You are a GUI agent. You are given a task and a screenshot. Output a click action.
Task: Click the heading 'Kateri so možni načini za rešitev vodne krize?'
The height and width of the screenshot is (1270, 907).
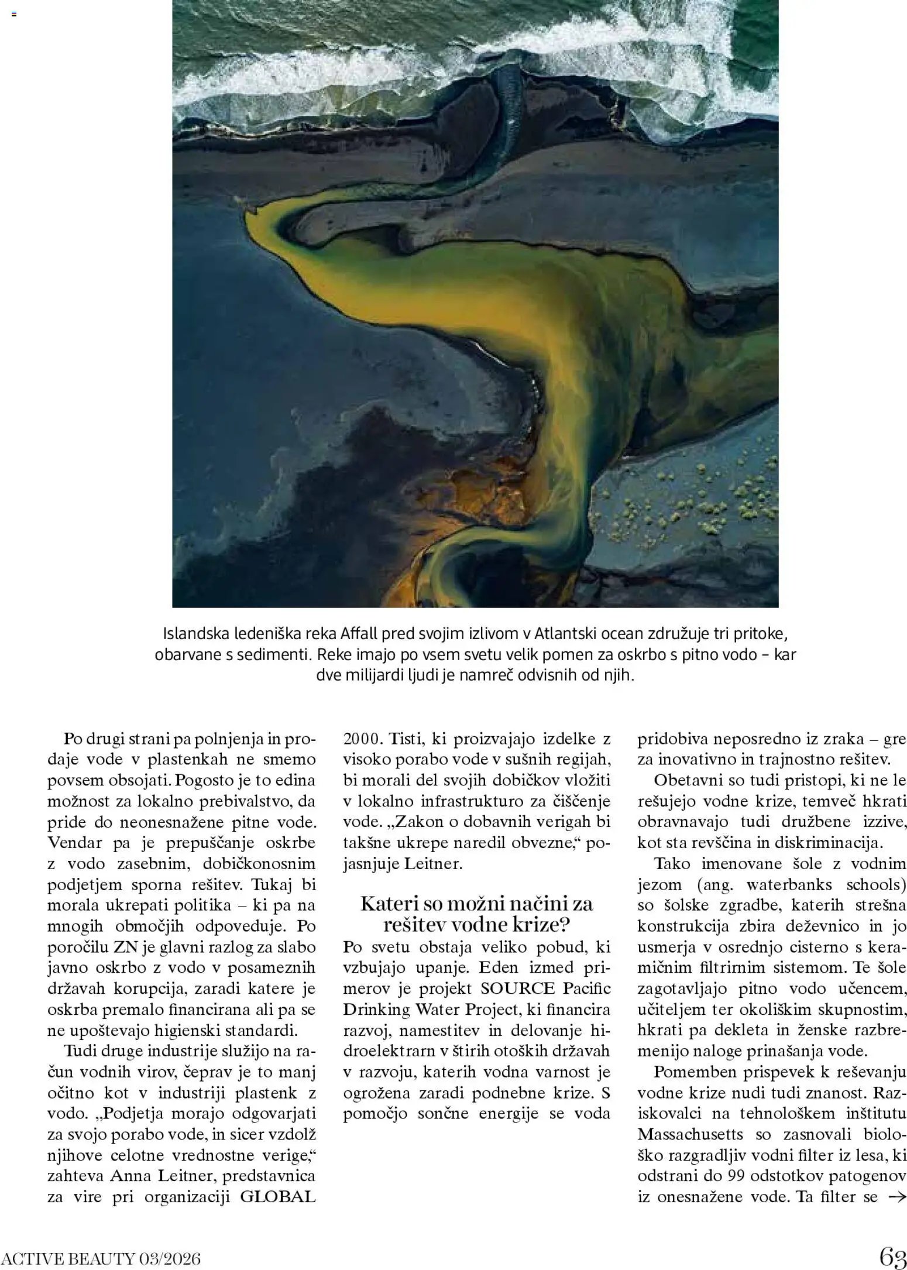tap(476, 914)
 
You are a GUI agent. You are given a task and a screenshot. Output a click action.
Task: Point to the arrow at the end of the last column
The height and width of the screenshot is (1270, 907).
tap(896, 1197)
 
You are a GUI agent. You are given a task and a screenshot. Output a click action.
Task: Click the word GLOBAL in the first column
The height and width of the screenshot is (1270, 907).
tap(279, 1197)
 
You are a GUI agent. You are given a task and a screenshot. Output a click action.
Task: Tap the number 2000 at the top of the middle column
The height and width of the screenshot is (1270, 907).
tap(362, 739)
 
